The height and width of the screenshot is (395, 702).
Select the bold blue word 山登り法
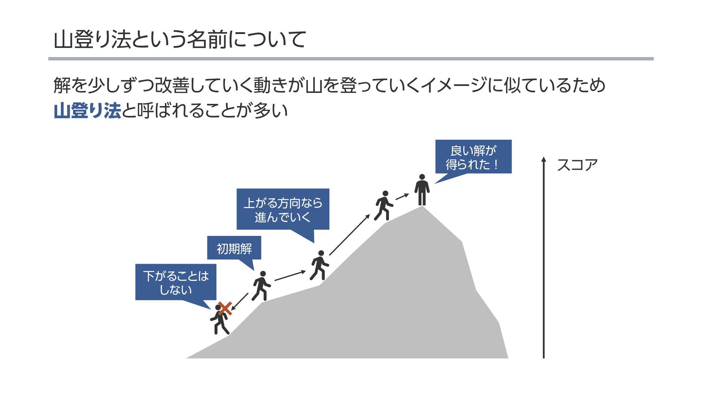coord(87,110)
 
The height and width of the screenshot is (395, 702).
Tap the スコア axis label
coord(577,165)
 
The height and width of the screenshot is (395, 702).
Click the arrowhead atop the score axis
coord(544,159)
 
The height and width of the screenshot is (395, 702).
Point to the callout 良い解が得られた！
coord(473,157)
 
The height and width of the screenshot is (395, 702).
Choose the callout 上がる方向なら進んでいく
coord(283,209)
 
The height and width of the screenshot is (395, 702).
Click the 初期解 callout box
coord(234,248)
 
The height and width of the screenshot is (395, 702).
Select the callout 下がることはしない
coord(175,282)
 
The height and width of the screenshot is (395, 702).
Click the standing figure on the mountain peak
coord(422,190)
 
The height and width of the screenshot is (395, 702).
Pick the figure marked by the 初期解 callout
coord(261,286)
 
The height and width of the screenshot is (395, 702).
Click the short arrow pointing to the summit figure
coord(402,196)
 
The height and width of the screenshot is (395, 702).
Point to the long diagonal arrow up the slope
coord(350,235)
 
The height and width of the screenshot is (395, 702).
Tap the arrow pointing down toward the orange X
coord(240,301)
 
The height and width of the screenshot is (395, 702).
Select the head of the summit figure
coord(422,177)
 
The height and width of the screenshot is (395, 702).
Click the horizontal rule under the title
coord(351,59)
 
